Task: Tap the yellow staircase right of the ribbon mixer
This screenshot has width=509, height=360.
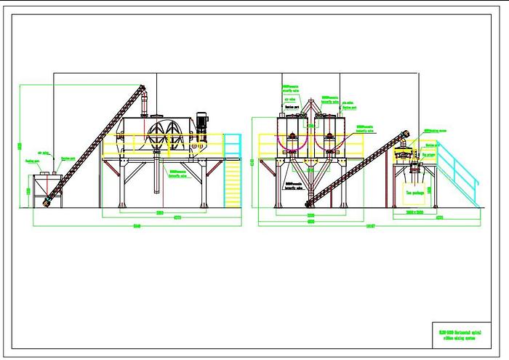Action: pyautogui.click(x=233, y=175)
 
